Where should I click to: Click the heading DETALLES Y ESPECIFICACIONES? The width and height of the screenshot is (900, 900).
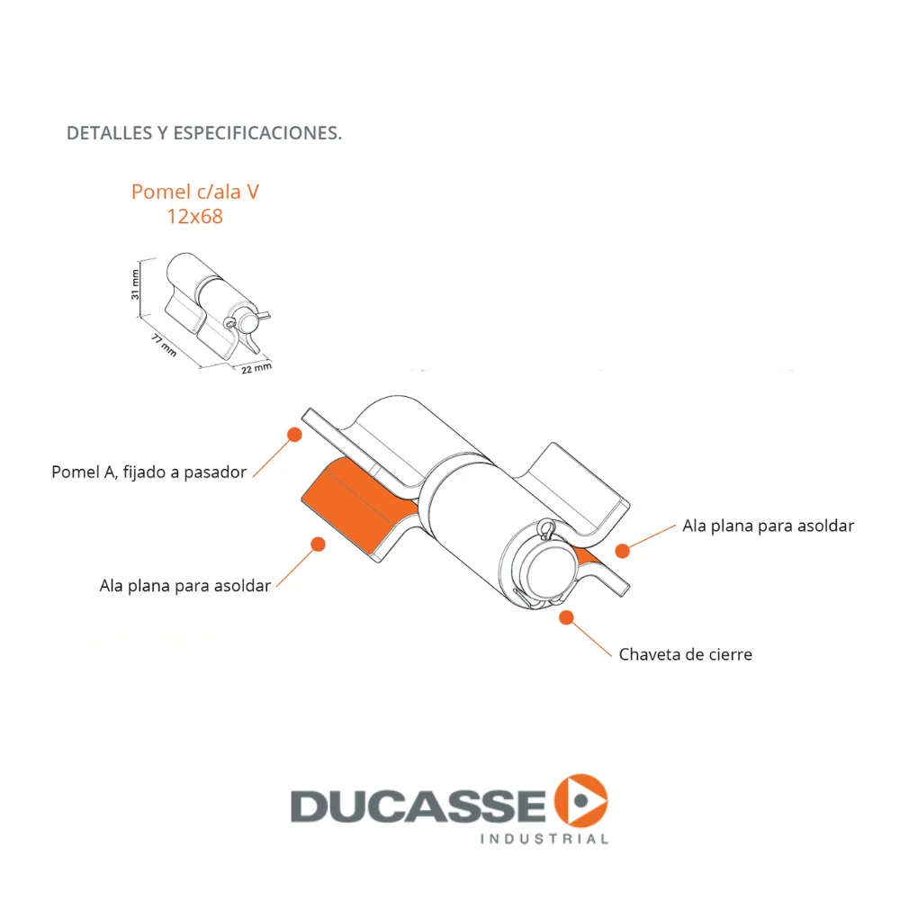tap(204, 133)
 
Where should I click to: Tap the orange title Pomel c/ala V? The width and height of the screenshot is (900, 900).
tap(195, 192)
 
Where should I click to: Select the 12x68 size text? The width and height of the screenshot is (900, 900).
tap(195, 216)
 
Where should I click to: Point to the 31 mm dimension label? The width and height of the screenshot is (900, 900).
tap(136, 284)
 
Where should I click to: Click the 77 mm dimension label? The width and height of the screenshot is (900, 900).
tap(164, 346)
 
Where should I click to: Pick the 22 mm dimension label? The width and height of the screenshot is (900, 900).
tap(256, 368)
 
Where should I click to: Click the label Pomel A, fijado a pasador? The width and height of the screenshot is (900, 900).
tap(149, 472)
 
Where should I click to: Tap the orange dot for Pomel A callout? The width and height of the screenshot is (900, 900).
tap(294, 435)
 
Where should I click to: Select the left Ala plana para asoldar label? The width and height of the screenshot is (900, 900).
tap(184, 586)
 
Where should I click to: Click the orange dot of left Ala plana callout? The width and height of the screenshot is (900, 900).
tap(318, 544)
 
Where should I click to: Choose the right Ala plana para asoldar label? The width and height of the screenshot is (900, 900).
tap(768, 526)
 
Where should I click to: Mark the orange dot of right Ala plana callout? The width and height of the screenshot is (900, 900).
tap(622, 551)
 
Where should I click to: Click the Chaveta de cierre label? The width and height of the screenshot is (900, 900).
tap(685, 654)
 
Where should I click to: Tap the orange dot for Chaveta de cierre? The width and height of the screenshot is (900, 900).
tap(566, 617)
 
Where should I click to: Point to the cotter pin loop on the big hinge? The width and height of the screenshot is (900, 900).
tap(546, 527)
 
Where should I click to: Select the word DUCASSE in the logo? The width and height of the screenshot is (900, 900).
tap(418, 805)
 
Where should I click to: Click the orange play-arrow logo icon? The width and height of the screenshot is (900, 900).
tap(580, 801)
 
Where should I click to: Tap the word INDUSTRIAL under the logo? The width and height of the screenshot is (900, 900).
tap(544, 839)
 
